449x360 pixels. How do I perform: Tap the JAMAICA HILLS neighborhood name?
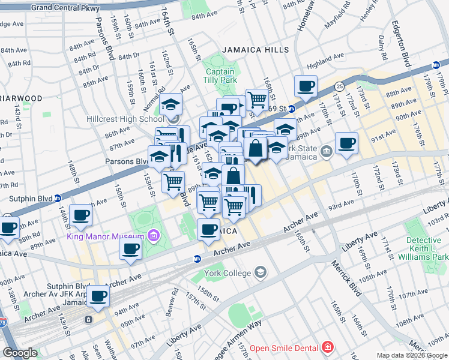point(255,50)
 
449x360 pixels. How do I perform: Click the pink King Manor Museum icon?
point(155,235)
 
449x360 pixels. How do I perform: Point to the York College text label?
point(224,273)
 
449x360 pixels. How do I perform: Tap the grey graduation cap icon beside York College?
point(260,273)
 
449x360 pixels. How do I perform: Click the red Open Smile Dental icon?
point(327,347)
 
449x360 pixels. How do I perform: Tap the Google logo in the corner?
point(20,353)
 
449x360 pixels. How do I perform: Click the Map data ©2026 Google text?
point(412,355)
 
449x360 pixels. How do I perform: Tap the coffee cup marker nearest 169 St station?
point(306,86)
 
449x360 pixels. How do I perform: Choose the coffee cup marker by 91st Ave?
point(346,143)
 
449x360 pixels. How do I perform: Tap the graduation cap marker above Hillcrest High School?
point(171,104)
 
